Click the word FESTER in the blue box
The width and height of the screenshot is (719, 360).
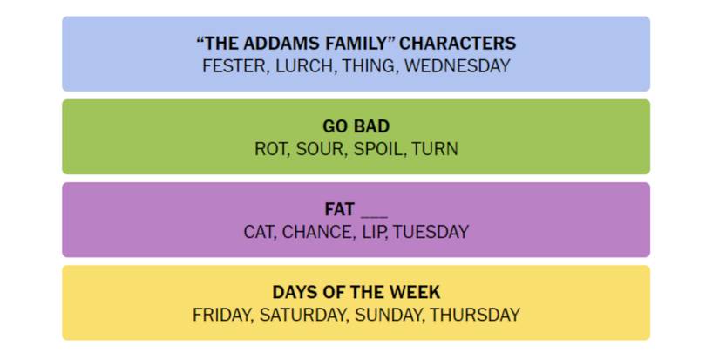[234, 66]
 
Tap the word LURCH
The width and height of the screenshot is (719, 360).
[304, 66]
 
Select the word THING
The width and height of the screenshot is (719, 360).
[368, 66]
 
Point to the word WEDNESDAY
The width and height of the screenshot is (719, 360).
[458, 66]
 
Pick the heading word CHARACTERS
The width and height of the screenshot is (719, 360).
[458, 43]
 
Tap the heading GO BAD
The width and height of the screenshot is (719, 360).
[356, 126]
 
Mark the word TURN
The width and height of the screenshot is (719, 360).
[435, 149]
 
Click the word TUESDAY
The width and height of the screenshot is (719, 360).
[431, 232]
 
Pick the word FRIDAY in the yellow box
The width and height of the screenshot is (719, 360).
[222, 315]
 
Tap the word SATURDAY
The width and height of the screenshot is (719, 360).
[302, 315]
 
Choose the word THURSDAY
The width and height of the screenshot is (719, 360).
[475, 315]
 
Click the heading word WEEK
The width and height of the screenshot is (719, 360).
[415, 292]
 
